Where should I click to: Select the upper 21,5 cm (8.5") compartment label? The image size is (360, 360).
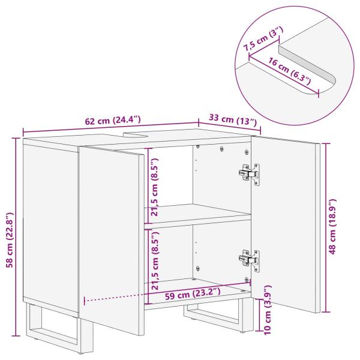pos(155,186)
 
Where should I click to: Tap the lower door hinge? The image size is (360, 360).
pos(250,259)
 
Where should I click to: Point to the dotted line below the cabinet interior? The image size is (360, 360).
pos(114,298)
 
